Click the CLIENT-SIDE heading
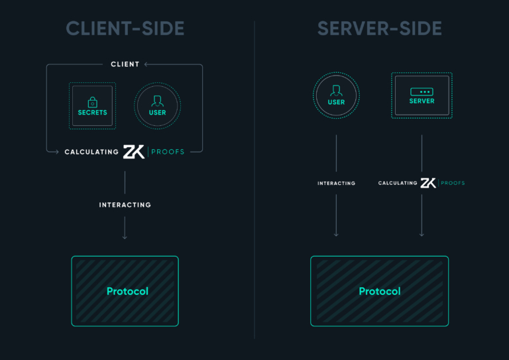[x=125, y=29]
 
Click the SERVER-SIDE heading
[x=379, y=29]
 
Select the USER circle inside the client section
[x=157, y=105]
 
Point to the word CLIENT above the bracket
[x=125, y=64]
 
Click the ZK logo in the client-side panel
[x=134, y=152]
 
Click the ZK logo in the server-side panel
[x=428, y=183]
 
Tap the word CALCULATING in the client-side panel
[x=91, y=152]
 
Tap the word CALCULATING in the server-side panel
[x=398, y=183]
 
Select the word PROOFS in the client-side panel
[x=168, y=152]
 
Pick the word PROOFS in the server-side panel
[x=453, y=183]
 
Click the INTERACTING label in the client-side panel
[x=125, y=205]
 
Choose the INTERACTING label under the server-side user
[x=336, y=183]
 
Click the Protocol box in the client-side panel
[x=125, y=291]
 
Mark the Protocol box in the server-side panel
[x=379, y=291]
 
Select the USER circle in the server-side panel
[x=336, y=95]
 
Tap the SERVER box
[x=422, y=95]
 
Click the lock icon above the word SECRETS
[x=92, y=102]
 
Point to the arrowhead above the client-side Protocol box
[x=125, y=237]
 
